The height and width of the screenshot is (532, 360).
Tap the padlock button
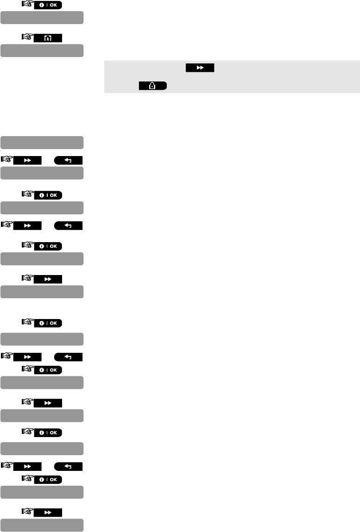coord(153,86)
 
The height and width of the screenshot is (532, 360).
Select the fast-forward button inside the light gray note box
coord(200,68)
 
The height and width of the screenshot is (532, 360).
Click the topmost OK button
coord(48,5)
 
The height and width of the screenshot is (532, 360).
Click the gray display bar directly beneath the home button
coord(42,50)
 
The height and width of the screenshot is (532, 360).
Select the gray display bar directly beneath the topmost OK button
coord(42,18)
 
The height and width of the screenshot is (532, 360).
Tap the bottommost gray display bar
coord(42,525)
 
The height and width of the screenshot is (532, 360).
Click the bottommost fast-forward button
coord(48,512)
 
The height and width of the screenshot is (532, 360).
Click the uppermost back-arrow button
coord(68,161)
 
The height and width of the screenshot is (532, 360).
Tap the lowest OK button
coord(48,479)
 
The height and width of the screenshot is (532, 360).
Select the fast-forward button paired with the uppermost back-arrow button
coord(27,161)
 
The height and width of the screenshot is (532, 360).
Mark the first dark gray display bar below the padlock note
coord(42,142)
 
